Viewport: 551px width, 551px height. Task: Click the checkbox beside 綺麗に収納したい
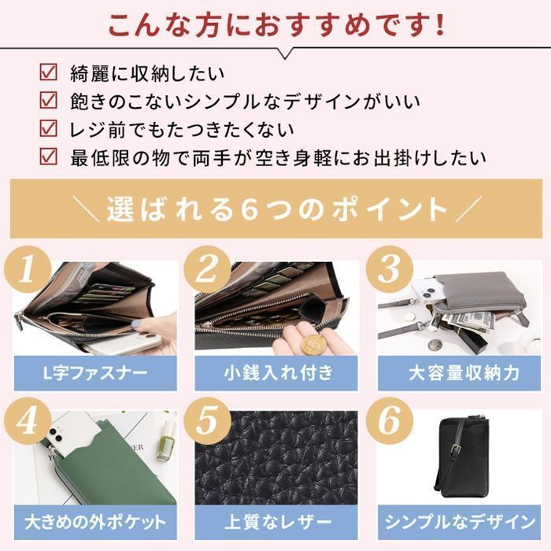[x=49, y=75]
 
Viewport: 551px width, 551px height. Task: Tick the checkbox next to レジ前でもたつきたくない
[x=49, y=128]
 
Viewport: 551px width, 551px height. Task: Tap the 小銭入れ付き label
[x=276, y=372]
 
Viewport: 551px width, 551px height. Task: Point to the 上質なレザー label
[x=276, y=522]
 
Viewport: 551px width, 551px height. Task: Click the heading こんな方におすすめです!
[x=275, y=25]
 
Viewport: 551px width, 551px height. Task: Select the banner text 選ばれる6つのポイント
[x=275, y=209]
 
